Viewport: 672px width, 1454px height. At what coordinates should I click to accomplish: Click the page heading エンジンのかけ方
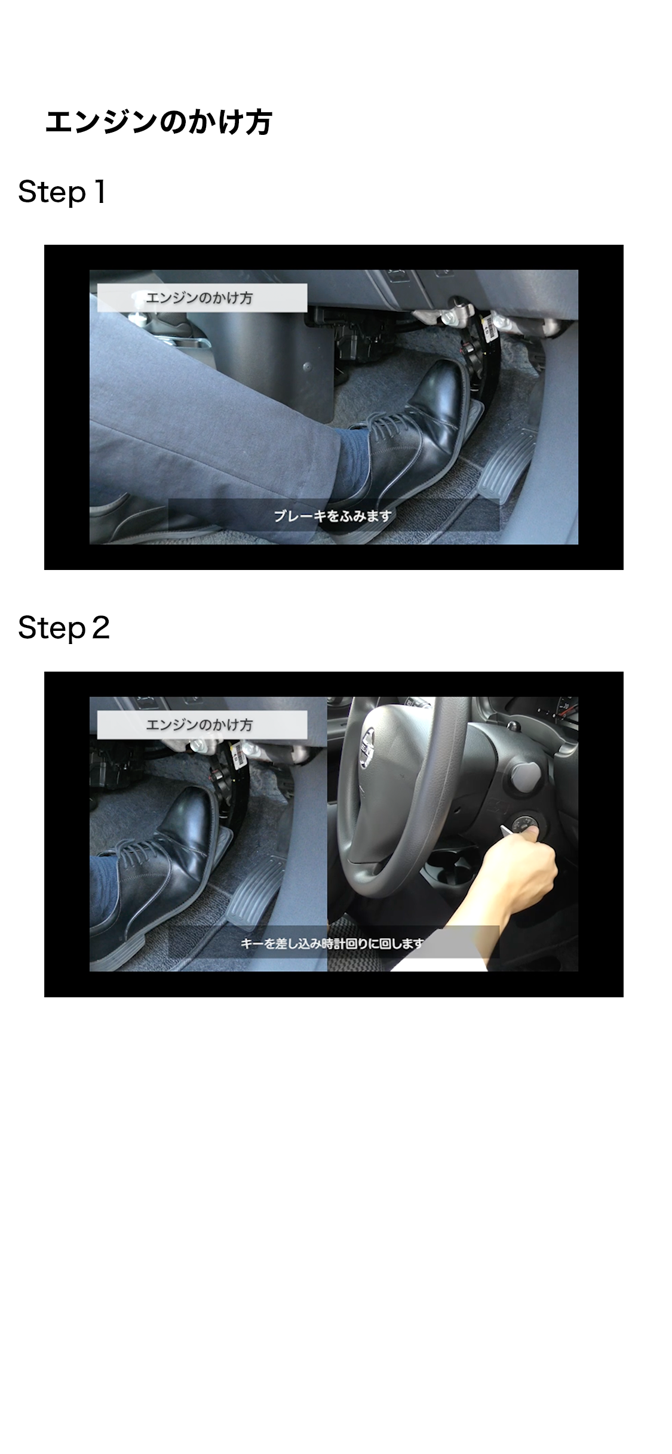(x=158, y=122)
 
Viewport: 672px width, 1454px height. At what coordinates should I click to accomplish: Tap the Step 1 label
(x=62, y=192)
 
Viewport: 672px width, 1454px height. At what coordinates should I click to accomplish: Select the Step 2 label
(x=64, y=628)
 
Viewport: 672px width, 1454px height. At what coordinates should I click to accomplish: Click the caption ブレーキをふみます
(x=333, y=515)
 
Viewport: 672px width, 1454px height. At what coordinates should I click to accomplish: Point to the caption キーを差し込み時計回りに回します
(x=332, y=942)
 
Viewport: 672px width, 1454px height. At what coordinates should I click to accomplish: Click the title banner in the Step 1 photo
(x=202, y=297)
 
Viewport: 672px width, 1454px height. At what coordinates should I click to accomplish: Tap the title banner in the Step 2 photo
(x=202, y=725)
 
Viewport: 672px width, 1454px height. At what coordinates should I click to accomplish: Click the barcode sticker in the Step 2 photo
(x=241, y=751)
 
